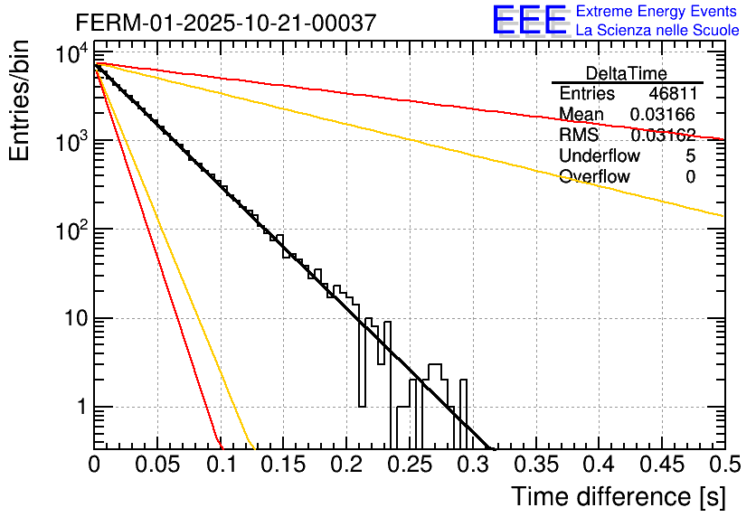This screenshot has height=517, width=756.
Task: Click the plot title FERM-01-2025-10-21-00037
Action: click(x=225, y=23)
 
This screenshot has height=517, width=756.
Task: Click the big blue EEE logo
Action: click(x=529, y=20)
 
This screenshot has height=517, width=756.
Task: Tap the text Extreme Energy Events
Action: click(x=657, y=12)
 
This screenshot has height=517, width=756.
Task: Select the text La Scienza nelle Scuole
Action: click(x=657, y=30)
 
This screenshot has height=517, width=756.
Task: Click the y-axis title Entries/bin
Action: click(x=20, y=101)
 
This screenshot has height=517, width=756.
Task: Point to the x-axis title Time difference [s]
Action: click(x=618, y=496)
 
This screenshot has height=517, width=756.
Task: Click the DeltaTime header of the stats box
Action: click(x=626, y=73)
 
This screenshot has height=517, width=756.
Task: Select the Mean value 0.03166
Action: click(x=663, y=115)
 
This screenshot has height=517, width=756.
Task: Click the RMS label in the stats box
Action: click(x=579, y=136)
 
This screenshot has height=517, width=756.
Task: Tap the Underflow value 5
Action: click(x=690, y=156)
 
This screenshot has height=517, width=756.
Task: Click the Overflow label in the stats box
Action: click(x=594, y=177)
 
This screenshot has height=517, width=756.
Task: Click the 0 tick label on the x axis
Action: click(x=95, y=465)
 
